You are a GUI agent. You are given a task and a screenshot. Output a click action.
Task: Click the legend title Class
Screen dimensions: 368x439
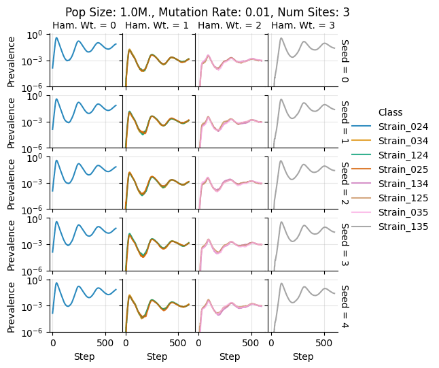point(391,112)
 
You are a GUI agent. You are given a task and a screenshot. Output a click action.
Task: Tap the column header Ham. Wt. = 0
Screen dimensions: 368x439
point(84,26)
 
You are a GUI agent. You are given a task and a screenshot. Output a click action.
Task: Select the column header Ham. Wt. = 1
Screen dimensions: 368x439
point(157,26)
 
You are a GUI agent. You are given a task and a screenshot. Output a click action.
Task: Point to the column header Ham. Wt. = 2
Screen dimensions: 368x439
point(230,26)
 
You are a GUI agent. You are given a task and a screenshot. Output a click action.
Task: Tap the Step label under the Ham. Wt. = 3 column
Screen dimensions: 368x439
point(302,356)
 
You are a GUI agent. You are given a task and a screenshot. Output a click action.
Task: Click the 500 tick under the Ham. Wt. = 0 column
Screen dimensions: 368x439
point(105,344)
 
